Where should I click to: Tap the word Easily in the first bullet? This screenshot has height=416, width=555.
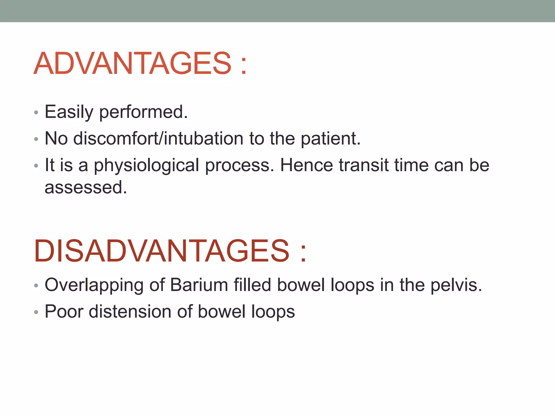69,112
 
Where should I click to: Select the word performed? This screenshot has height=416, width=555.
143,112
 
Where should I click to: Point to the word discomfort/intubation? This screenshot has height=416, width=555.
158,138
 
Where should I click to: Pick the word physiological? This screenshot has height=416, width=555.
146,165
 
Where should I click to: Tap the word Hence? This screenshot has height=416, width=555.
306,165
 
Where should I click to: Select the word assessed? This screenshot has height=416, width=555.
86,187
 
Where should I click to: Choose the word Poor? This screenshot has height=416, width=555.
64,311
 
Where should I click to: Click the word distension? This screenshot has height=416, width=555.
130,311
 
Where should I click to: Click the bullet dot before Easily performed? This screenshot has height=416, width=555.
36,113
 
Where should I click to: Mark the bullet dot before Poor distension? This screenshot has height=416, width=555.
36,312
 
